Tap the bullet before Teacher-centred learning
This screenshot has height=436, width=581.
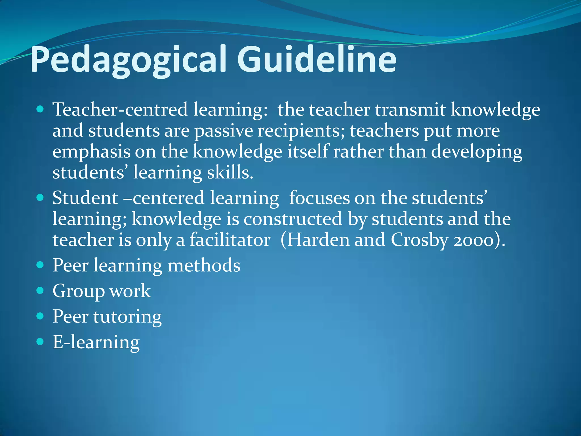click(x=40, y=109)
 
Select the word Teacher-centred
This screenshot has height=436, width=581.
click(x=120, y=110)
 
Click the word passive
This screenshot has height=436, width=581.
click(x=224, y=131)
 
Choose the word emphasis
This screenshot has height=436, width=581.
click(x=91, y=152)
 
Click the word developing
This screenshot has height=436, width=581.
click(x=477, y=152)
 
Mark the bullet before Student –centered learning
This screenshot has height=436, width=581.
click(x=40, y=197)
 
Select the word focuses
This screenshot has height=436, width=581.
click(x=319, y=198)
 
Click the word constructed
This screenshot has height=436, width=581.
click(x=293, y=219)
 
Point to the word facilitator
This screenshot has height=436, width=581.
click(x=230, y=240)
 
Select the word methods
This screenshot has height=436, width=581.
click(x=204, y=265)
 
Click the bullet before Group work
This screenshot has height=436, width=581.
click(x=40, y=290)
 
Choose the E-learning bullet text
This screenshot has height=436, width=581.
click(x=96, y=342)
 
